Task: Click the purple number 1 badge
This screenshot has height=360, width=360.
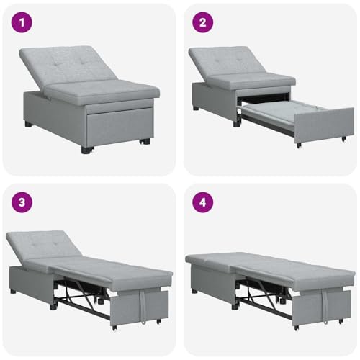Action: click(22, 22)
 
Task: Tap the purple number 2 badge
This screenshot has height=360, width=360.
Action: click(203, 22)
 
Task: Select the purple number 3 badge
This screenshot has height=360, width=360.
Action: click(22, 202)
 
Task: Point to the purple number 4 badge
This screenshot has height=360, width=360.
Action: click(203, 202)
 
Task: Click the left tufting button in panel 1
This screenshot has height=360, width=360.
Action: click(57, 64)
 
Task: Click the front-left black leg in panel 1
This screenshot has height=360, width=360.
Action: click(86, 150)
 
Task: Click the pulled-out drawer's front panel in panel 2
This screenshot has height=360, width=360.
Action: click(324, 125)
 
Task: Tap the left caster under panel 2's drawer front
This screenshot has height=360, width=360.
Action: click(299, 145)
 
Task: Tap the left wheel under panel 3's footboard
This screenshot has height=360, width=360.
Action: click(114, 328)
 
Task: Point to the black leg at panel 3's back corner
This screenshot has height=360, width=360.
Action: click(13, 292)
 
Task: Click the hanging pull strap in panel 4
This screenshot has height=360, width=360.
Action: click(325, 307)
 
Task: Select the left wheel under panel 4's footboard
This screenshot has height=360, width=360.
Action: click(297, 328)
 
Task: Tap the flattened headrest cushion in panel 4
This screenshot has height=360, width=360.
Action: click(211, 261)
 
